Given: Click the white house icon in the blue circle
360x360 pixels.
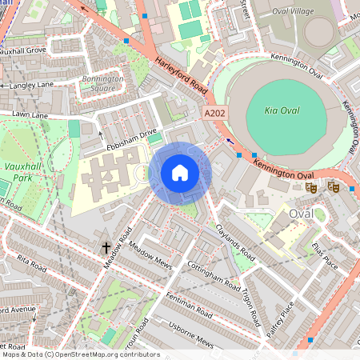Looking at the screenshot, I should (180, 173).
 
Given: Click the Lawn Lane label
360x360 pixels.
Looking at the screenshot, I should (29, 116).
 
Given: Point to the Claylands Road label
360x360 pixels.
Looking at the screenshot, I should (235, 242).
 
